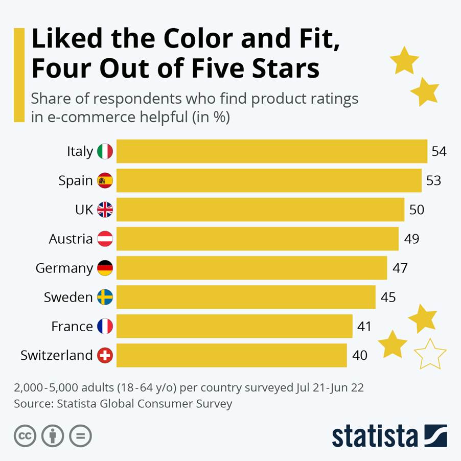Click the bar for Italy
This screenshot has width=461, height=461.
click(x=272, y=151)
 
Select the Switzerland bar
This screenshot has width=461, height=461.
click(x=232, y=355)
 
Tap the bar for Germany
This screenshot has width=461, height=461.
click(x=251, y=268)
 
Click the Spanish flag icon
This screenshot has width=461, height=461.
click(x=105, y=180)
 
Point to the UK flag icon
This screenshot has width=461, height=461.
click(x=105, y=210)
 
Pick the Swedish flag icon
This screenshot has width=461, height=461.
click(x=105, y=297)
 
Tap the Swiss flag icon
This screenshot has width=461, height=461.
click(x=105, y=355)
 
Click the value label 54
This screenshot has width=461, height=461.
click(x=439, y=151)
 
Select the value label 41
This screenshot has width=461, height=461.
click(x=364, y=327)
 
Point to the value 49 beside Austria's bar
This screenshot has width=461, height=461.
click(x=411, y=239)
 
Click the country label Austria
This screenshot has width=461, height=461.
click(x=71, y=239)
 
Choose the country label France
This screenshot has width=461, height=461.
click(x=72, y=327)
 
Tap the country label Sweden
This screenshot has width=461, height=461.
click(x=68, y=297)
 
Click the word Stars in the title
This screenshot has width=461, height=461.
click(x=286, y=68)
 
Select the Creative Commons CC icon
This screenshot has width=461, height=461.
click(x=25, y=436)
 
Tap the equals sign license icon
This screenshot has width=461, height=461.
click(x=80, y=436)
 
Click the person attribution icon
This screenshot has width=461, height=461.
click(x=53, y=436)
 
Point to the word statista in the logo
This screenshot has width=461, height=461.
click(x=375, y=436)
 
